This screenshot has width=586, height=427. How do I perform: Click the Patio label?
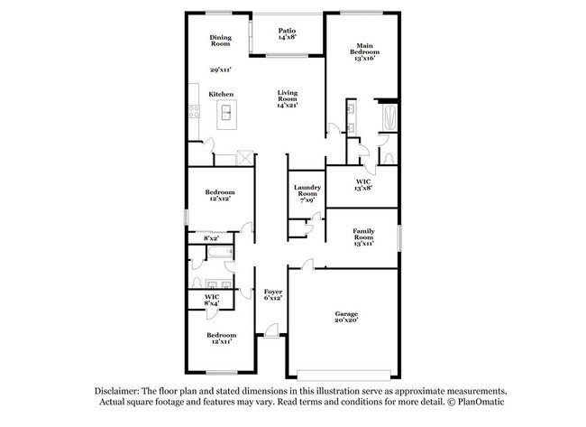click(287, 33)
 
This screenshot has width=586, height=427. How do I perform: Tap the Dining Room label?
click(221, 41)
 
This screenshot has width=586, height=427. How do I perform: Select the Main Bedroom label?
click(364, 51)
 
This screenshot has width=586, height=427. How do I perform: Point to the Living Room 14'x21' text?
click(288, 99)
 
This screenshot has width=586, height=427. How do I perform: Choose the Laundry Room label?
click(307, 192)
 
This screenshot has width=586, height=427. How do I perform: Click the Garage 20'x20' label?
click(347, 317)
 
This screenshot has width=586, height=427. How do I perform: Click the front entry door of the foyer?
click(270, 337)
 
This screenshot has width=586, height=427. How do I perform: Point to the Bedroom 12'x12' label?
click(220, 195)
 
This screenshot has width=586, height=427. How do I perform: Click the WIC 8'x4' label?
click(212, 300)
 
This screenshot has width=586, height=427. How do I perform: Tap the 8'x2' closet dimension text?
click(212, 237)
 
